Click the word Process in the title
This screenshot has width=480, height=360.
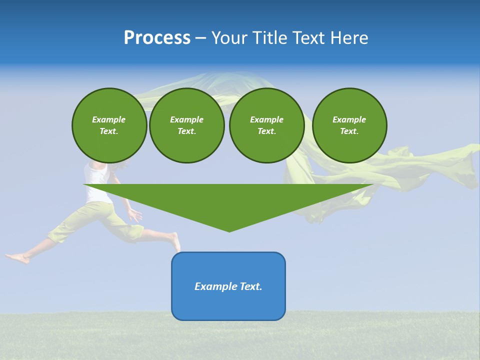(157, 38)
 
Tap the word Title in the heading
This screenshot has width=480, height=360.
(271, 38)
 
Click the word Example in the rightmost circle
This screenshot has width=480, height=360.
(349, 119)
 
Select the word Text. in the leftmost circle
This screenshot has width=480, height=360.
(109, 131)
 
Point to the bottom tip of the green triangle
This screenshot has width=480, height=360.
(229, 230)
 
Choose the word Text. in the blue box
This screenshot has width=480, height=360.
(251, 286)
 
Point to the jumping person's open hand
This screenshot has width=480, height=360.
(134, 215)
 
